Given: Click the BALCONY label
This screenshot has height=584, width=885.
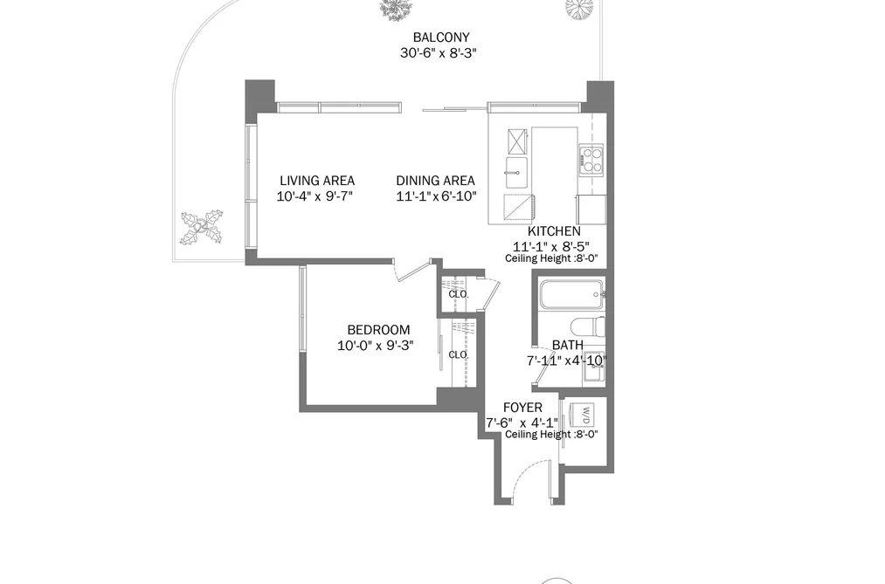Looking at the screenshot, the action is tap(441, 38).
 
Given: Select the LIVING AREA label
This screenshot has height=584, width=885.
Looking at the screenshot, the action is tap(317, 181).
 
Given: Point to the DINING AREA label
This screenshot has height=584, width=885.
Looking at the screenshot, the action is tap(435, 181).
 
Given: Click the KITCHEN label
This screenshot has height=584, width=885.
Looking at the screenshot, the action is tap(554, 231).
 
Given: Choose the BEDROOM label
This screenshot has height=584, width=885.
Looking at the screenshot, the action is tap(378, 330).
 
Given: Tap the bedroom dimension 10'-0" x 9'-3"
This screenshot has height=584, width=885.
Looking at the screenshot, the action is tap(376, 345).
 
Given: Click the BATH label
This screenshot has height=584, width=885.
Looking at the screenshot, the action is tap(568, 345).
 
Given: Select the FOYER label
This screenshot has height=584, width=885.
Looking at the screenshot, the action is tap(522, 408).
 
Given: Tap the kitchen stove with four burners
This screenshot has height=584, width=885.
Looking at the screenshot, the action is tap(591, 159).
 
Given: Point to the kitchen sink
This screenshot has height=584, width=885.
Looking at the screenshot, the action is tap(515, 173).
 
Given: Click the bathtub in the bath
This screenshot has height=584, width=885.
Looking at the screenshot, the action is tap(571, 294).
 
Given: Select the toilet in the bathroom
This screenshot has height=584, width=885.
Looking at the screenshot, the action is tap(588, 327).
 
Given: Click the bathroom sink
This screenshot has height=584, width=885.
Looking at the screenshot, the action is tap(594, 368).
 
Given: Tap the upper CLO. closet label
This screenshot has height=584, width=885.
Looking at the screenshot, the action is tap(459, 294).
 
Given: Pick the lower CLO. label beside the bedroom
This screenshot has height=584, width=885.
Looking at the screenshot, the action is tap(459, 354).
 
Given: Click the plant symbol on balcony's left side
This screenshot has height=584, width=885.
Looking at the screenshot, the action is tap(202, 228).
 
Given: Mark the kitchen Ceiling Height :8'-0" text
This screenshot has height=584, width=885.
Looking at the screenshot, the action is tap(551, 258).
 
